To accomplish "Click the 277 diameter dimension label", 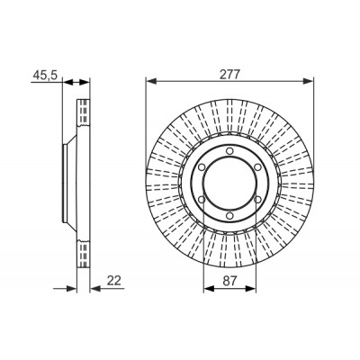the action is (229, 75).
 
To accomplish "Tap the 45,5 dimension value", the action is (45, 75).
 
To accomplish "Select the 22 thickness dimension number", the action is (114, 281).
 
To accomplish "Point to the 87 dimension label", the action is (229, 281).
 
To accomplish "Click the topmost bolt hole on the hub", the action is (229, 151).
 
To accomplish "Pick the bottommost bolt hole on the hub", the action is (229, 216).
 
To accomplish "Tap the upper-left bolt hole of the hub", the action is (202, 167).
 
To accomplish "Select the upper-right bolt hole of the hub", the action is (257, 167).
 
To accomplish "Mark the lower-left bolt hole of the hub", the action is (202, 200).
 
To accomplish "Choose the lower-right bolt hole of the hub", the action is (257, 200).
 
